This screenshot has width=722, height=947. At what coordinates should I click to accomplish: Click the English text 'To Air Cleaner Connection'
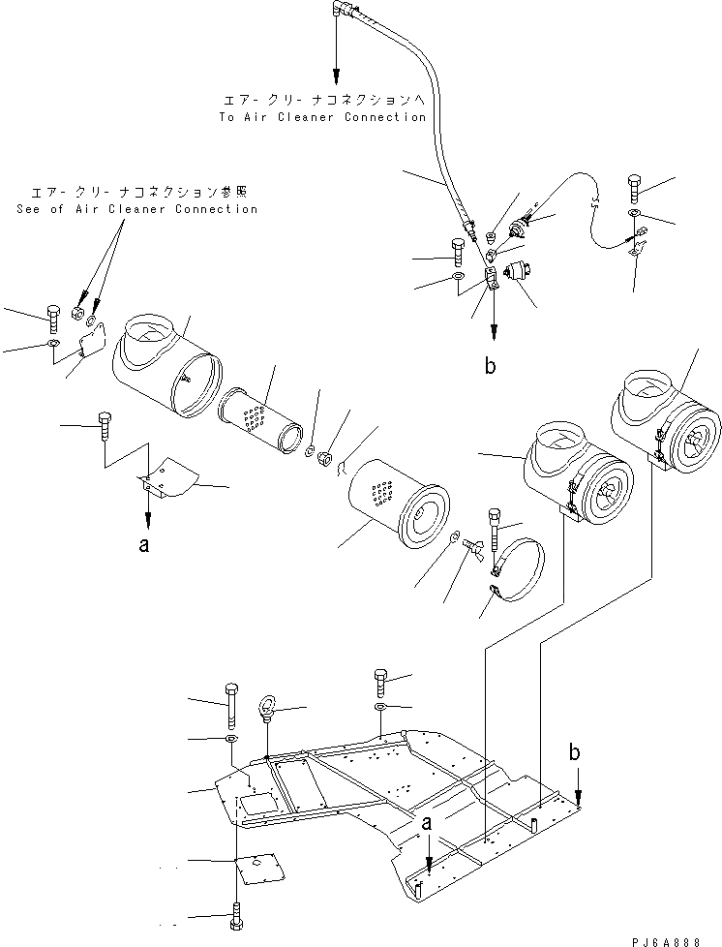(x=322, y=117)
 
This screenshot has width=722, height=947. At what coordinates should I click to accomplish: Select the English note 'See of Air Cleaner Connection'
(x=137, y=209)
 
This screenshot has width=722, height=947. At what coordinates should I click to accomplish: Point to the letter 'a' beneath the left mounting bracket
(x=144, y=545)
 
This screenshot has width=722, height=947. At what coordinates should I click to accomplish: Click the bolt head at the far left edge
(x=52, y=316)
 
